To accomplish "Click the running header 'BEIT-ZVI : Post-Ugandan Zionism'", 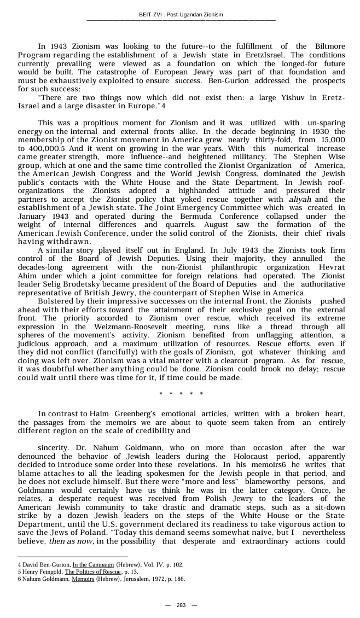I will coord(181,14).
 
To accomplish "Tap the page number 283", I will coord(181,605).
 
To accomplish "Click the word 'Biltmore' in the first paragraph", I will coord(330,46).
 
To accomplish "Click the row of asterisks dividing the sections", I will coord(181,394).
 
